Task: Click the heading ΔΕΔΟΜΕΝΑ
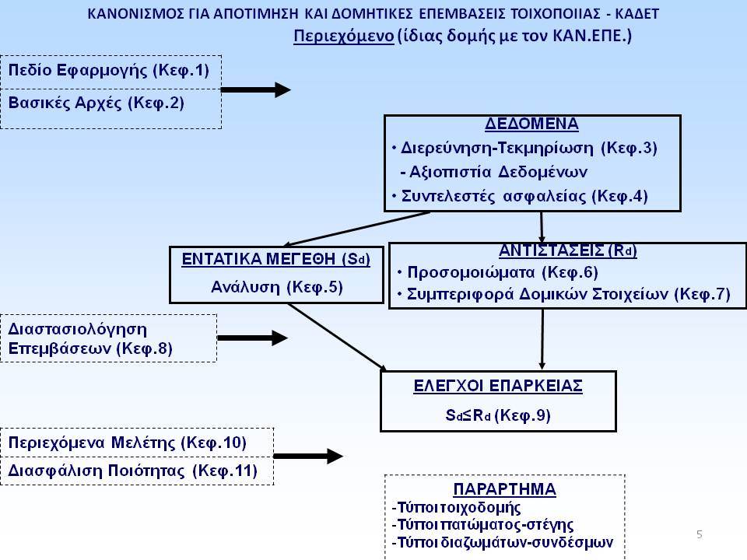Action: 531,124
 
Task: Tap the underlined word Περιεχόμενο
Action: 343,37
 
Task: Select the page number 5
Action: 700,534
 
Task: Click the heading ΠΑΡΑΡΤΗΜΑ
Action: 504,489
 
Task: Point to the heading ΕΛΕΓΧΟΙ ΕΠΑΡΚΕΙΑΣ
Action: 498,386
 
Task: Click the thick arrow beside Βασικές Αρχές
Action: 256,89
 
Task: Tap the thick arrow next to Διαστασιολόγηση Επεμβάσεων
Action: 252,338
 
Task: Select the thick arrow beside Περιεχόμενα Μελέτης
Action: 308,457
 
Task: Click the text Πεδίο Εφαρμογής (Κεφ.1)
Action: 109,71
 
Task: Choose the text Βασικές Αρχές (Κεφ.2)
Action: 96,103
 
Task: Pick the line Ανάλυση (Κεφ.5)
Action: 277,287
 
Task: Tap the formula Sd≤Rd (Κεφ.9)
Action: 498,415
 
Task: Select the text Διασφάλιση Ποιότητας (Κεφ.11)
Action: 133,471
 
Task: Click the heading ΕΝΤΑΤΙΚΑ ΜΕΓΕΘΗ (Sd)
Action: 275,260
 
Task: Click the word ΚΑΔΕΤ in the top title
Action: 637,14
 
